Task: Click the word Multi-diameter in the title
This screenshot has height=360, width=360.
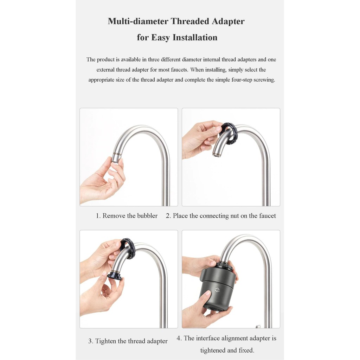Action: [138, 21]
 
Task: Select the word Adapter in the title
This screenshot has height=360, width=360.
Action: [228, 21]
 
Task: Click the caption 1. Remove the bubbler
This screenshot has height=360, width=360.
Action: [127, 216]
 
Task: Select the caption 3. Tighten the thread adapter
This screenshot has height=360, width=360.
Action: [128, 341]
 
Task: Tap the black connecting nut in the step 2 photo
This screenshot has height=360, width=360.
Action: [228, 134]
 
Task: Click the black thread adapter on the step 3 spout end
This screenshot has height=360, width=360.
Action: [115, 275]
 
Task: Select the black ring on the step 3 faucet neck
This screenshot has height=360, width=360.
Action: [127, 249]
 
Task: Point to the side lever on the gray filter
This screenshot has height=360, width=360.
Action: [203, 276]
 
